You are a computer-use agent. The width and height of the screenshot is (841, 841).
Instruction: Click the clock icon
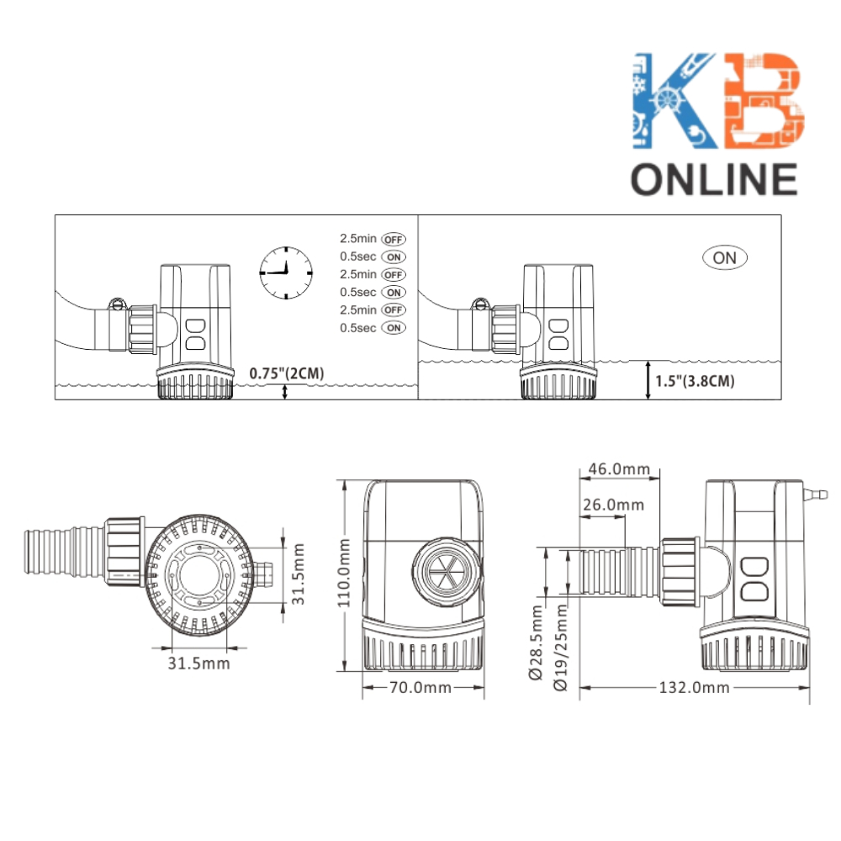[286, 273]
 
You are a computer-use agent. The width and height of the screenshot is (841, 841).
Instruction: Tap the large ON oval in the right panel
[725, 258]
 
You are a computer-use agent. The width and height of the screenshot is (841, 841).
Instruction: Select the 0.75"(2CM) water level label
[287, 373]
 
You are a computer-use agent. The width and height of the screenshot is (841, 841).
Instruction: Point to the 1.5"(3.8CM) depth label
[695, 381]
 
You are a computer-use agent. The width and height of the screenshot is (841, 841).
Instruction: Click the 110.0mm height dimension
[344, 573]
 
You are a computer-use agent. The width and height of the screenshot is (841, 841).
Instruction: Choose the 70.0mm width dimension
[420, 688]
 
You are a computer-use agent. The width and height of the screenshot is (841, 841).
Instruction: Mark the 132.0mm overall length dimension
[694, 688]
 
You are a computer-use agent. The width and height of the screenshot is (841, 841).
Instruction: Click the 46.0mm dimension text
[619, 468]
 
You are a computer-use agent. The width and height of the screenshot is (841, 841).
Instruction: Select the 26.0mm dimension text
[614, 505]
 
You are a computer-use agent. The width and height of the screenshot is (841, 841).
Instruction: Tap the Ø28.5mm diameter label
[536, 643]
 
